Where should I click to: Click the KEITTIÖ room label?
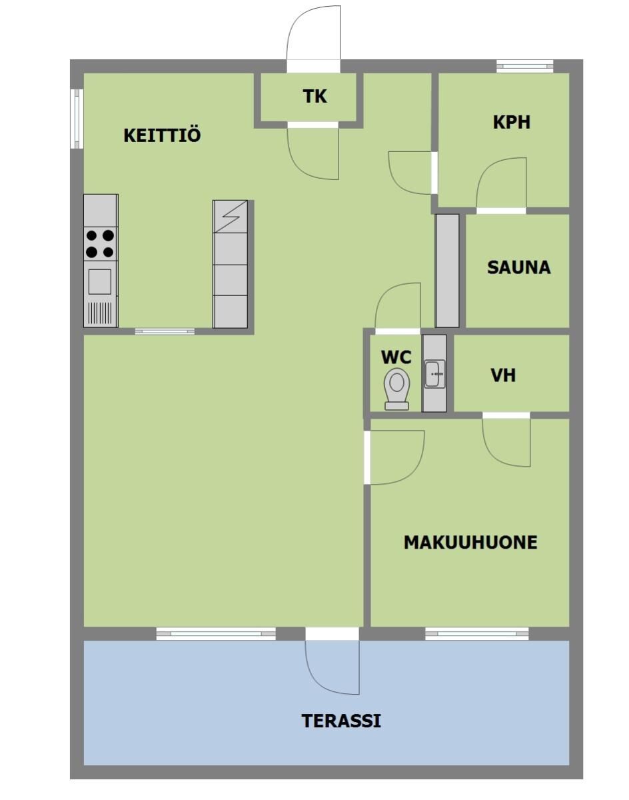(162, 135)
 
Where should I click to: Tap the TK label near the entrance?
(314, 96)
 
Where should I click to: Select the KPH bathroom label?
(512, 122)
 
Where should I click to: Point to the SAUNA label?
(518, 267)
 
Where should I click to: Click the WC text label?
(396, 357)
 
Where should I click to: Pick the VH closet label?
(504, 375)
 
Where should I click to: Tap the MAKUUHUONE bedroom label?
(470, 543)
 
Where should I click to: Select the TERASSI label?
(341, 721)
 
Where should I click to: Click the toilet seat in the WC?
(397, 389)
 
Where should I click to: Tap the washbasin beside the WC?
(434, 373)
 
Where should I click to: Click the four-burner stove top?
(101, 244)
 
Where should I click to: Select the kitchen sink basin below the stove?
(99, 282)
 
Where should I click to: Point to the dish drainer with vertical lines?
(99, 313)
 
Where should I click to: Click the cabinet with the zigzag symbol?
(231, 217)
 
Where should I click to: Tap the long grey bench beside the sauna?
(447, 271)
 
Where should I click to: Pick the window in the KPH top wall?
(525, 66)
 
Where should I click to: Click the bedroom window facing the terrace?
(476, 633)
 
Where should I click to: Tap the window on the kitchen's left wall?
(77, 119)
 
